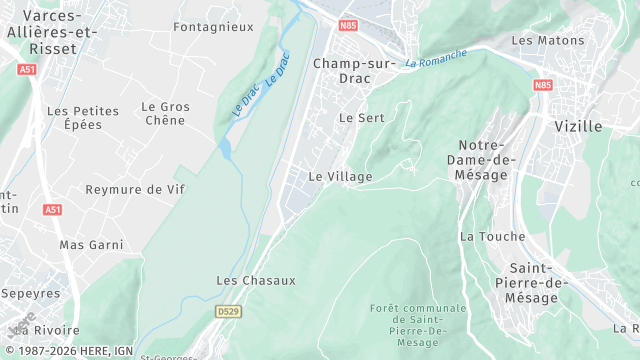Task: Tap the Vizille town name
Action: click(x=578, y=126)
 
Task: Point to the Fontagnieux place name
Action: click(x=213, y=27)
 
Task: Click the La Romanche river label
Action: click(x=436, y=58)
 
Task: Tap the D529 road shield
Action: click(x=229, y=312)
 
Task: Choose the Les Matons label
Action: click(x=540, y=40)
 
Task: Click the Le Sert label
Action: click(x=362, y=117)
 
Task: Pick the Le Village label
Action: click(x=340, y=176)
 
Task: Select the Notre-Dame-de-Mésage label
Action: click(x=488, y=160)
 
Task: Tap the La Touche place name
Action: click(x=486, y=236)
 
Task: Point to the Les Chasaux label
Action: click(x=256, y=280)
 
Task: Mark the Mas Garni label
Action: click(x=91, y=244)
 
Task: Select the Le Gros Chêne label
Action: click(x=165, y=113)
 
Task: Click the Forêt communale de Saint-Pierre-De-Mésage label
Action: click(x=418, y=324)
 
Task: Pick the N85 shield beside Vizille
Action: click(x=543, y=85)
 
